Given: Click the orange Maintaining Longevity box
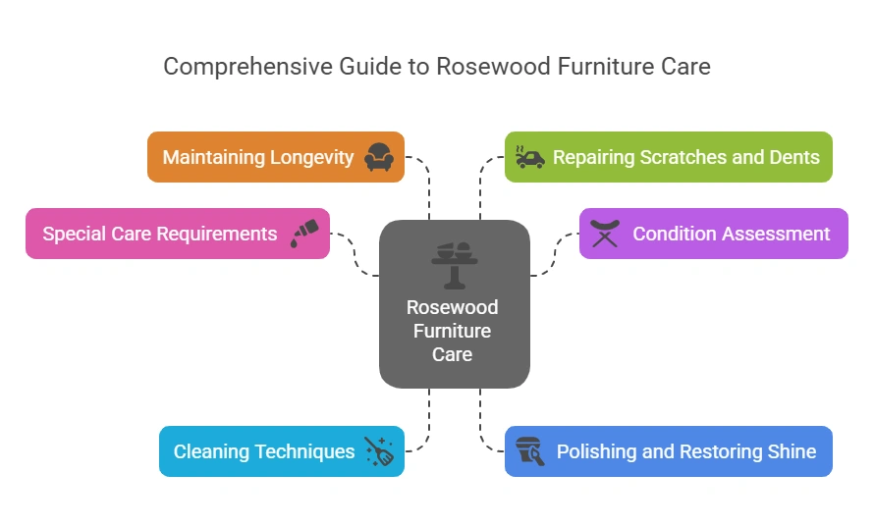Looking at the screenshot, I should [x=275, y=157].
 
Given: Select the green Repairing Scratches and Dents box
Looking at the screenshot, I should [x=668, y=157].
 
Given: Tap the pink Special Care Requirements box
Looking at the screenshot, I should [x=177, y=234].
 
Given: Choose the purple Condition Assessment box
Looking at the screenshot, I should [x=713, y=234].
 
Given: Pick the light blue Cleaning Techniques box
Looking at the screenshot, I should [x=281, y=451].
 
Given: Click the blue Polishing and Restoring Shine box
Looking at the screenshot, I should [x=668, y=451].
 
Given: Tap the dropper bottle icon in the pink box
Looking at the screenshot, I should [x=304, y=234].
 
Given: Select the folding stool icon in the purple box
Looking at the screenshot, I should [x=605, y=234].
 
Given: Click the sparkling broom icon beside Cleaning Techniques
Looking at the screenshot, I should [x=379, y=451].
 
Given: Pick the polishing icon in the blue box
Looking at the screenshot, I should [x=530, y=451].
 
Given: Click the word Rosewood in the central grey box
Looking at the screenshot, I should [x=453, y=307].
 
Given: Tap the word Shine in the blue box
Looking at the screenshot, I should [x=790, y=451].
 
